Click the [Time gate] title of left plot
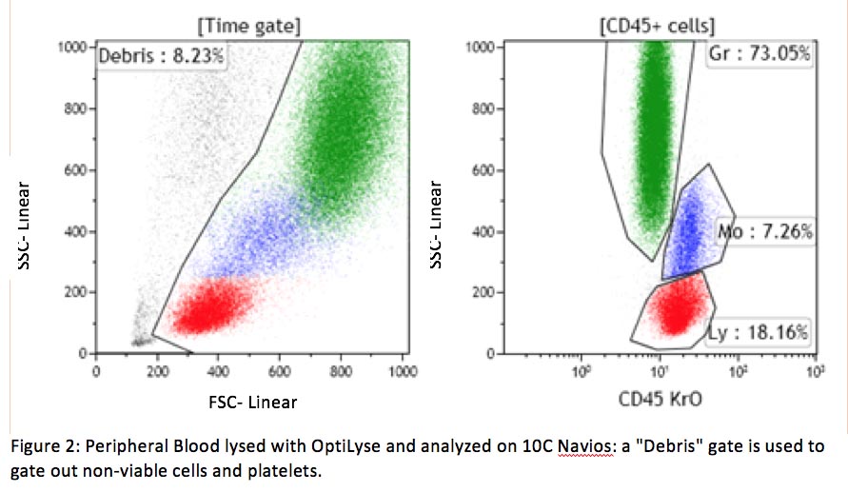coord(249,24)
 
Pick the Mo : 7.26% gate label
coord(765,230)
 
